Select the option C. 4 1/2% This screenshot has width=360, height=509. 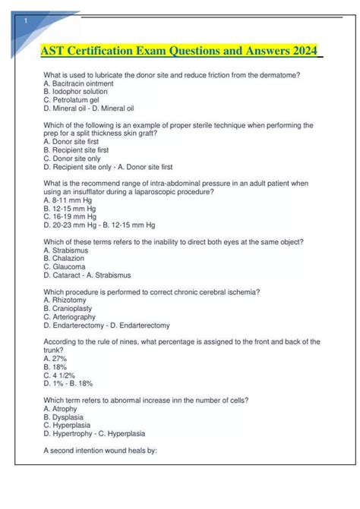pyautogui.click(x=58, y=375)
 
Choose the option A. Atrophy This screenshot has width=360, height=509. pyautogui.click(x=61, y=409)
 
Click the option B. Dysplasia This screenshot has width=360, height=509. pyautogui.click(x=64, y=417)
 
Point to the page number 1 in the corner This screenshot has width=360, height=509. pyautogui.click(x=27, y=20)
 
